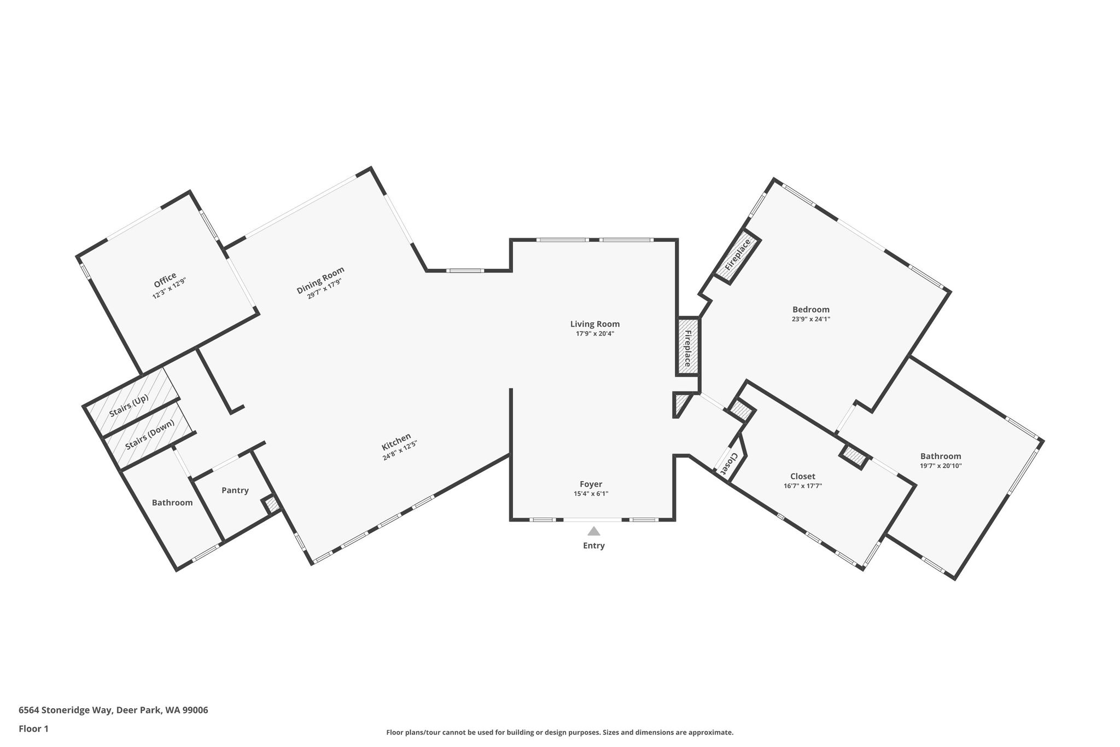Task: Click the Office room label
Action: pos(165,281)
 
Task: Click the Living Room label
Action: pos(595,324)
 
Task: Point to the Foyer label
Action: pos(591,484)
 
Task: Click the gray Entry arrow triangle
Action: pos(594,531)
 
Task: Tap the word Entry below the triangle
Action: pos(594,546)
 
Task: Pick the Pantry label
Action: pos(235,490)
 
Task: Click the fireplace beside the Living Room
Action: pos(688,346)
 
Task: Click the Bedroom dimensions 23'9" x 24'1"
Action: pos(811,319)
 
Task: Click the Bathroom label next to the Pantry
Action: pos(172,502)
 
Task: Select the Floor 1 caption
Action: pos(34,728)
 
